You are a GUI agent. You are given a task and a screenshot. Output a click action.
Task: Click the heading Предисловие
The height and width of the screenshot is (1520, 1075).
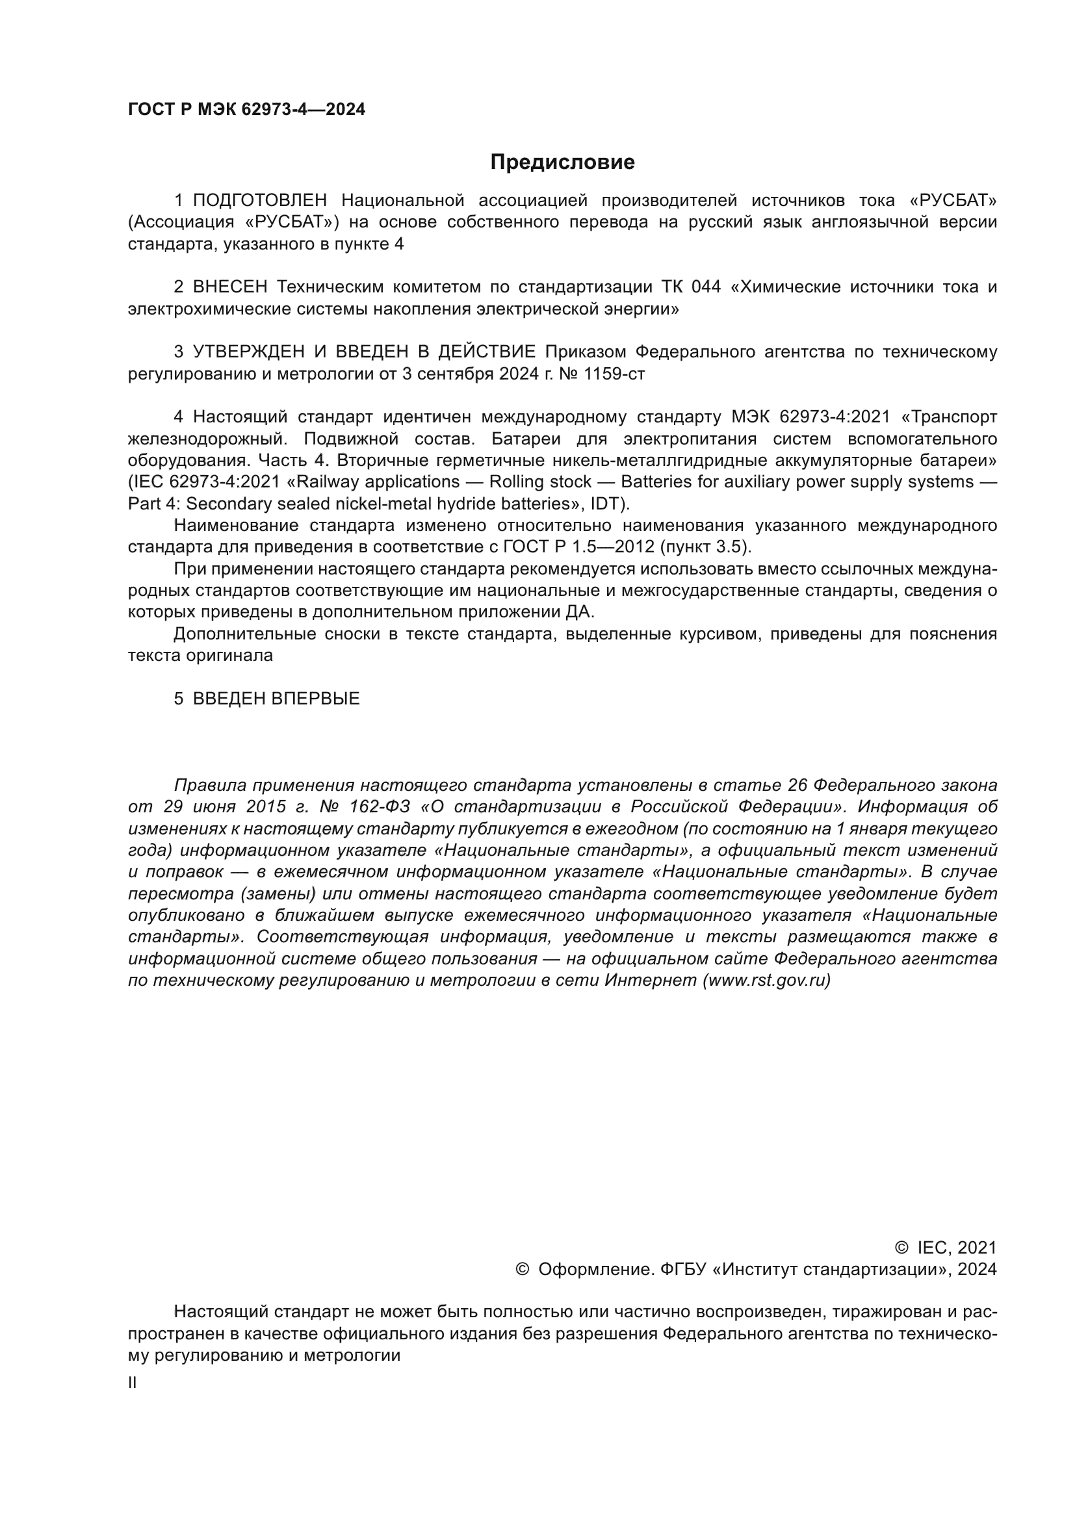pos(562,162)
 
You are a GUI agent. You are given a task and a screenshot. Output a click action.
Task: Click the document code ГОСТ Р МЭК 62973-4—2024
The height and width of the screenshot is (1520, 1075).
pos(246,110)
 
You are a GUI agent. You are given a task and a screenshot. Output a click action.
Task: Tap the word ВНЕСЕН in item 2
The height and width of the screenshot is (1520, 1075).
pos(229,287)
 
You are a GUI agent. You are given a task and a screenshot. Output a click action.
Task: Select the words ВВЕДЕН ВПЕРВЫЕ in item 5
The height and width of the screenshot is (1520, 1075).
pos(276,699)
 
